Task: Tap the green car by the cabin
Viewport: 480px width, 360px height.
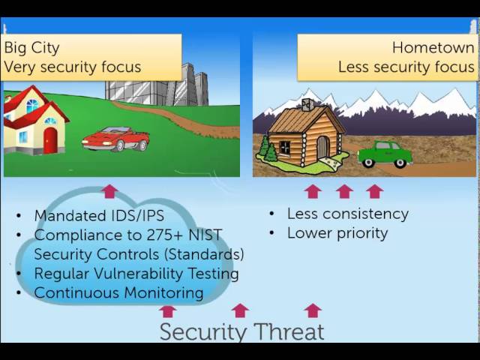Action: (x=384, y=154)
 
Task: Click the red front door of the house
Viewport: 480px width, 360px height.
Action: (x=50, y=140)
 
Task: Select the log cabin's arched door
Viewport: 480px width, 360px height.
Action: (x=322, y=147)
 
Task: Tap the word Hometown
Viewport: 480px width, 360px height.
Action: (x=433, y=48)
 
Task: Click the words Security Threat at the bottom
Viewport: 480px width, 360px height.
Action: (x=241, y=331)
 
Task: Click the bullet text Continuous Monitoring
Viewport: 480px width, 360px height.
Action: (x=118, y=293)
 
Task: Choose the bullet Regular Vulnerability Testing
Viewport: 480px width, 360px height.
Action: (x=136, y=274)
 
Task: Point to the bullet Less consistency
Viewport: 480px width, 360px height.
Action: (x=347, y=214)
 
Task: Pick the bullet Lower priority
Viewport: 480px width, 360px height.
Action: (x=337, y=233)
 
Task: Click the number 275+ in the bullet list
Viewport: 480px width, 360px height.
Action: (x=154, y=235)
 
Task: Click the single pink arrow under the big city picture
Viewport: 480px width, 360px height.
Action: (x=110, y=191)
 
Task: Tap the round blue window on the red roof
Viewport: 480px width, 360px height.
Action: (x=31, y=105)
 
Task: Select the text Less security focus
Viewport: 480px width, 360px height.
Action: (x=406, y=67)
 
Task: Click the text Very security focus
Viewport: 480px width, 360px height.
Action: (x=72, y=67)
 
